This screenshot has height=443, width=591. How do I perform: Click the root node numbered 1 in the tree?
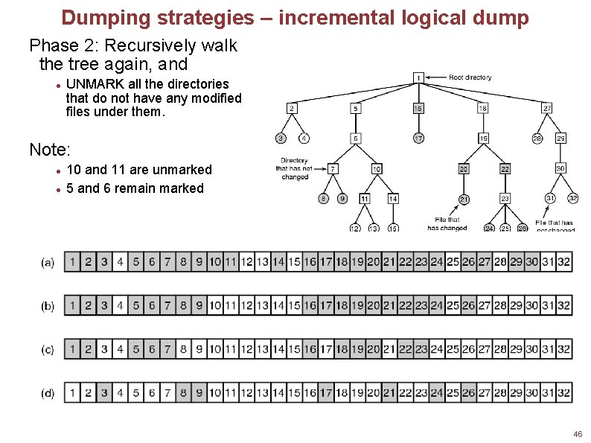(x=419, y=77)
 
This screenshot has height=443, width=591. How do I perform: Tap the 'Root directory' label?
(x=470, y=77)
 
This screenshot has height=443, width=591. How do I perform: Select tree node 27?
(x=547, y=108)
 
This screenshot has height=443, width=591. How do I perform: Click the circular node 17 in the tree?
(x=419, y=138)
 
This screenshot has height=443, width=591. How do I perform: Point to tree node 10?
(x=377, y=169)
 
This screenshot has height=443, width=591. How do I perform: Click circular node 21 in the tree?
(x=463, y=199)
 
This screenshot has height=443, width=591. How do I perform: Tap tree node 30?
(x=560, y=169)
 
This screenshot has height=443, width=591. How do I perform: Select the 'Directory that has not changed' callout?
(x=295, y=169)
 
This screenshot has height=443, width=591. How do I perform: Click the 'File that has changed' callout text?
(x=447, y=224)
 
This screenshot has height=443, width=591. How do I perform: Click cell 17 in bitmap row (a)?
(x=325, y=262)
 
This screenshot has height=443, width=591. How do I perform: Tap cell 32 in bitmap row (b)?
(x=564, y=305)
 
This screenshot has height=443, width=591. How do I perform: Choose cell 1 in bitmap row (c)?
(x=72, y=348)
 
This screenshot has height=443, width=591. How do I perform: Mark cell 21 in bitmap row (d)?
(x=389, y=392)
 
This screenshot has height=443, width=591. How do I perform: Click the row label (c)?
(x=48, y=349)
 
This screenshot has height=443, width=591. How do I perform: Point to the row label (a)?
(x=48, y=263)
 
